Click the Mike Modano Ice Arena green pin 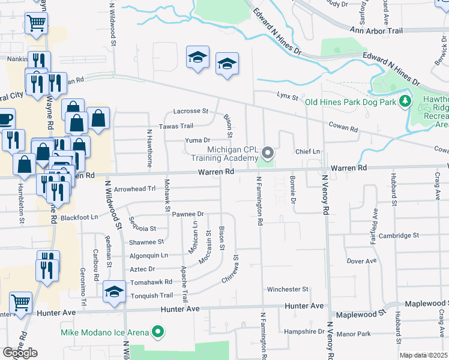pos(158,331)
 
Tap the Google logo pos(20,353)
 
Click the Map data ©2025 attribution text pos(423,355)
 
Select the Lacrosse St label pos(190,111)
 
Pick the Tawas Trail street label pos(176,126)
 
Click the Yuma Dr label pos(197,140)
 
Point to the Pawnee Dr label pos(188,214)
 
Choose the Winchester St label pos(288,289)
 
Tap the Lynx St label pos(288,95)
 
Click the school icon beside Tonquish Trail pos(113,292)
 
